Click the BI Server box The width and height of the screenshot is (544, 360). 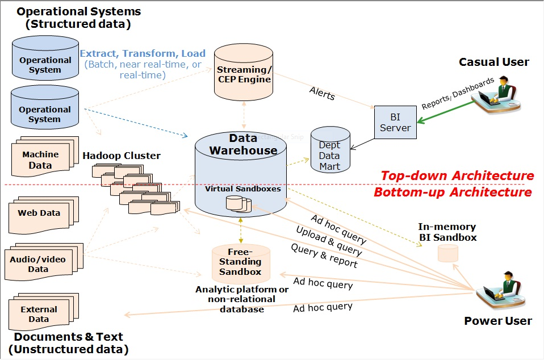pos(395,122)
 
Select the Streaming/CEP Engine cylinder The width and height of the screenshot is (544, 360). pos(244,74)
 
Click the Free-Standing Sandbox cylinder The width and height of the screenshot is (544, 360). pos(244,262)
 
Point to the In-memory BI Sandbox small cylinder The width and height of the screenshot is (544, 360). pos(447,253)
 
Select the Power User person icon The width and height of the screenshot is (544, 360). pos(500,290)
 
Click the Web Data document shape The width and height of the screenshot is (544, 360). pos(39,215)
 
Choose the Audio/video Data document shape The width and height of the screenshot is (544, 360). pos(38,263)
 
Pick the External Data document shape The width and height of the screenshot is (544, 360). pos(39,314)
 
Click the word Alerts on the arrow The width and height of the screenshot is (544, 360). pos(322,94)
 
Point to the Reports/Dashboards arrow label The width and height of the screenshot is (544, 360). pos(450,94)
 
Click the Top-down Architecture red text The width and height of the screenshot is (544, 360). pos(457,175)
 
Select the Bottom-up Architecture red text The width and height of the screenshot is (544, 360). pos(452,192)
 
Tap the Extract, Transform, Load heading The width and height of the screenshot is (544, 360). pos(143,54)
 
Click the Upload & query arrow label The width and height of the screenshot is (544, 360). pos(328,240)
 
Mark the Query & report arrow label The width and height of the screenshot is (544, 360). pos(324,256)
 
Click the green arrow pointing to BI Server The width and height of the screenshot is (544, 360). pos(446,111)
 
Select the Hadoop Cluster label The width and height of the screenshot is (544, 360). pos(122,156)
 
